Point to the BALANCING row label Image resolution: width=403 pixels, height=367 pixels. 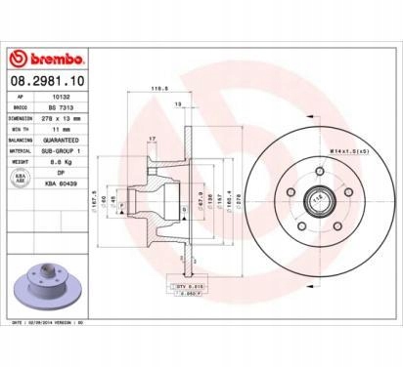(24, 138)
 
